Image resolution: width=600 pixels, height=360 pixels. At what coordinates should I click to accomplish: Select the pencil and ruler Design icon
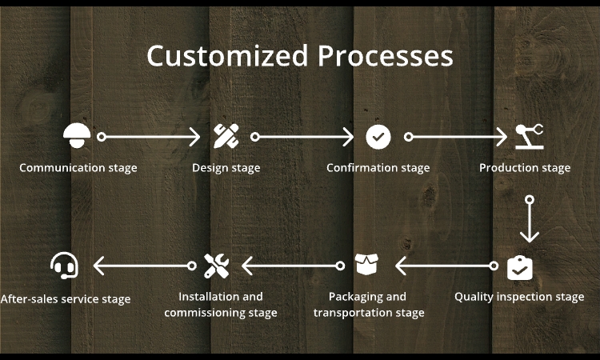tap(226, 136)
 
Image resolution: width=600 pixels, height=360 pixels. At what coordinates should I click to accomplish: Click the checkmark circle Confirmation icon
tap(378, 137)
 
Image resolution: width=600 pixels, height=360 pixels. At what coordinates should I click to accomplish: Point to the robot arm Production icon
tap(527, 136)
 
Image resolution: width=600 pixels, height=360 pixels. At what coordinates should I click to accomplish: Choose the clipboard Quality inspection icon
tap(520, 266)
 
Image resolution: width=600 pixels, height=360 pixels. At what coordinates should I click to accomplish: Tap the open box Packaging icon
tap(368, 265)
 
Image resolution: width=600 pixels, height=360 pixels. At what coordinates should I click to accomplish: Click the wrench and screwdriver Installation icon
tap(216, 265)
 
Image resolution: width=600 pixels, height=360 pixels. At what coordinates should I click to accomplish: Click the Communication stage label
tap(78, 168)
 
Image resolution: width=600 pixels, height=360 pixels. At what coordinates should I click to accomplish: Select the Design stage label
tap(226, 168)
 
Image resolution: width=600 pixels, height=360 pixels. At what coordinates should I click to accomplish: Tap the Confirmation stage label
tap(378, 168)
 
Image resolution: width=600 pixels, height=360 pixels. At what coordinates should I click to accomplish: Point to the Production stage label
tap(525, 168)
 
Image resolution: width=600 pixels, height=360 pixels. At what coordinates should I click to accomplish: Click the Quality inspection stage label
tap(519, 297)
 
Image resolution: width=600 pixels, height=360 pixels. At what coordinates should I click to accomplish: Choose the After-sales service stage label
tap(65, 299)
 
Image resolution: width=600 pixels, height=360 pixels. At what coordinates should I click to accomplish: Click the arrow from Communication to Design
tap(150, 137)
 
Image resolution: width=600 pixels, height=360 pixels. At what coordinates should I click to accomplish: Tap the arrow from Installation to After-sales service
tap(143, 265)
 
